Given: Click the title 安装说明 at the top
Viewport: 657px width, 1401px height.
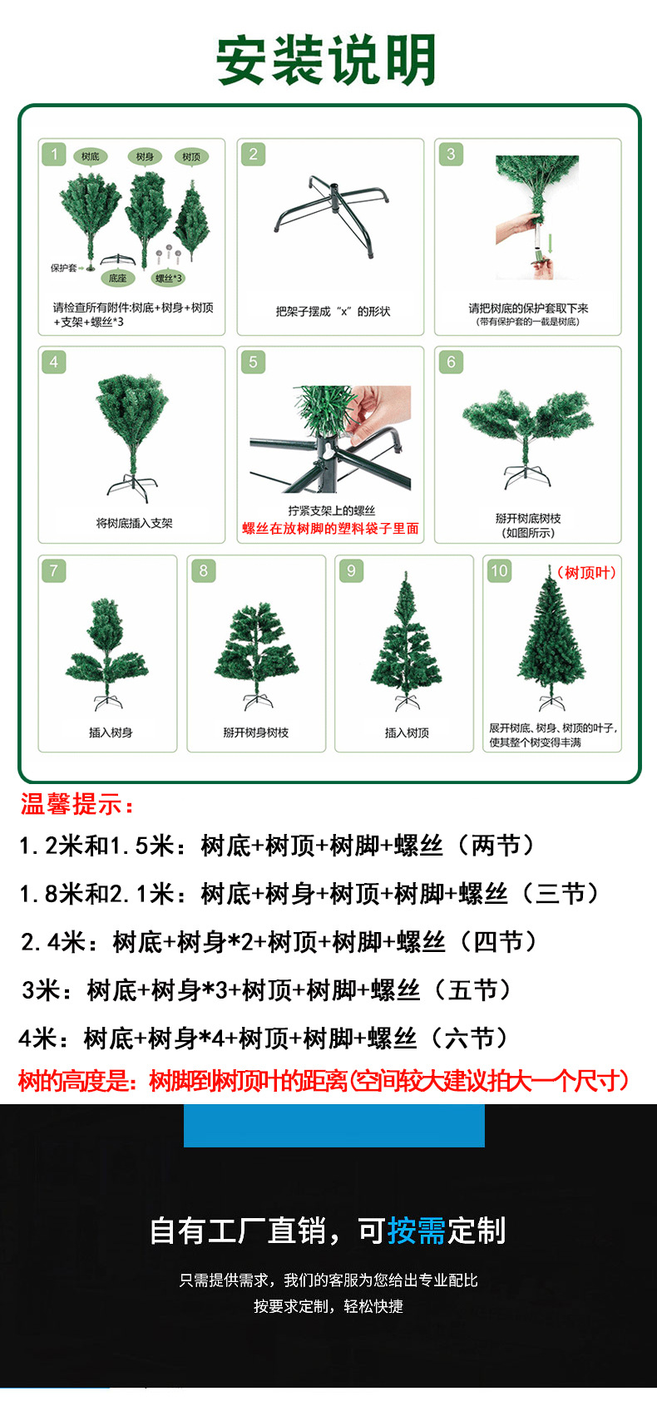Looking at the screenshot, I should (x=327, y=60).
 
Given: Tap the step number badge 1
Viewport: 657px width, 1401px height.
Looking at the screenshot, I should (x=55, y=154).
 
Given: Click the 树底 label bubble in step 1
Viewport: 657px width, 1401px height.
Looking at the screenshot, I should (x=91, y=156).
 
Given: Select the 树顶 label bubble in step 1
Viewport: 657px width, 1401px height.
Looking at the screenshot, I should (x=191, y=156).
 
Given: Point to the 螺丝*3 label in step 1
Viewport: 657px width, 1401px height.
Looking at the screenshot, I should (x=169, y=279).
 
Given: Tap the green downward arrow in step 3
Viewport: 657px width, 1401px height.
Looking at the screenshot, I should (x=551, y=243).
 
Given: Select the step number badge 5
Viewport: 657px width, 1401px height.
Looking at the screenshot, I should (x=253, y=362).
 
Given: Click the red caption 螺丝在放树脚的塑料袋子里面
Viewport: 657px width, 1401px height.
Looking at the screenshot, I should (x=330, y=529).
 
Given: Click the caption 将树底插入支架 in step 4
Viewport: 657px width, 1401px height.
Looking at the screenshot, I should (x=134, y=523).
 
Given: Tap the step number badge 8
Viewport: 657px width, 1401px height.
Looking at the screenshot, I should (x=203, y=570).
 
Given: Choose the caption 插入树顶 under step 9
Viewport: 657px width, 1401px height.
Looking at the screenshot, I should (x=407, y=733).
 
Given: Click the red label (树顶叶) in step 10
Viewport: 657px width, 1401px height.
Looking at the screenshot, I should (x=586, y=573).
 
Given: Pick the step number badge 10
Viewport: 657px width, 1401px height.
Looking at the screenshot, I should (x=499, y=570).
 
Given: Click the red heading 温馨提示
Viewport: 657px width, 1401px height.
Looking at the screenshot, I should (x=77, y=805).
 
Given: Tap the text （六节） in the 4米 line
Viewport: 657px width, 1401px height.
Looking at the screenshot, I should (x=469, y=1038).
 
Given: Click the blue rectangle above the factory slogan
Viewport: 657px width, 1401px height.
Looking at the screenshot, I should (x=333, y=1126).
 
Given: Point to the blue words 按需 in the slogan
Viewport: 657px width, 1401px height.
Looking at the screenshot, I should (x=417, y=1231).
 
